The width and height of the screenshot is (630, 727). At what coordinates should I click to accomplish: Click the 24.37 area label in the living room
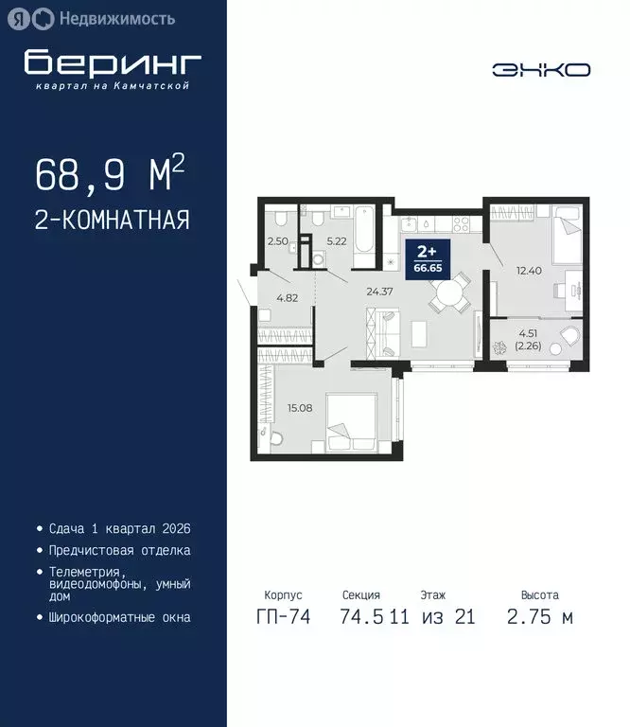point(380,291)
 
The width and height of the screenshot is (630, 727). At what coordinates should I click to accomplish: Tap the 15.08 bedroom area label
point(300,408)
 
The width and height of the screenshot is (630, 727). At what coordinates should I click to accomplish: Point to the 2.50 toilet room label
point(277,241)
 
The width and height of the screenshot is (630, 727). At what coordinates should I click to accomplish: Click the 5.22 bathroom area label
point(338,241)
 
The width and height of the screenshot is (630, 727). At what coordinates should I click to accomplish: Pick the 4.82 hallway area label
point(288,297)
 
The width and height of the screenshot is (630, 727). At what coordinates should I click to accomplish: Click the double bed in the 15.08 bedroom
point(355,421)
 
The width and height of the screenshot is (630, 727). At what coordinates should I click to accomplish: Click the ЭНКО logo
point(541,69)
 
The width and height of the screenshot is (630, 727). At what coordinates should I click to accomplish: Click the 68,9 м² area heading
point(109,174)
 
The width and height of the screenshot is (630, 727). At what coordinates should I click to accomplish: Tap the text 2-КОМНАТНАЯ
point(112,221)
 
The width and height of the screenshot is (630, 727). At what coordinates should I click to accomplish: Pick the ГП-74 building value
point(280,618)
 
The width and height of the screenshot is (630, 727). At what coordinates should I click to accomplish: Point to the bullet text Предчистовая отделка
point(119,550)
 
